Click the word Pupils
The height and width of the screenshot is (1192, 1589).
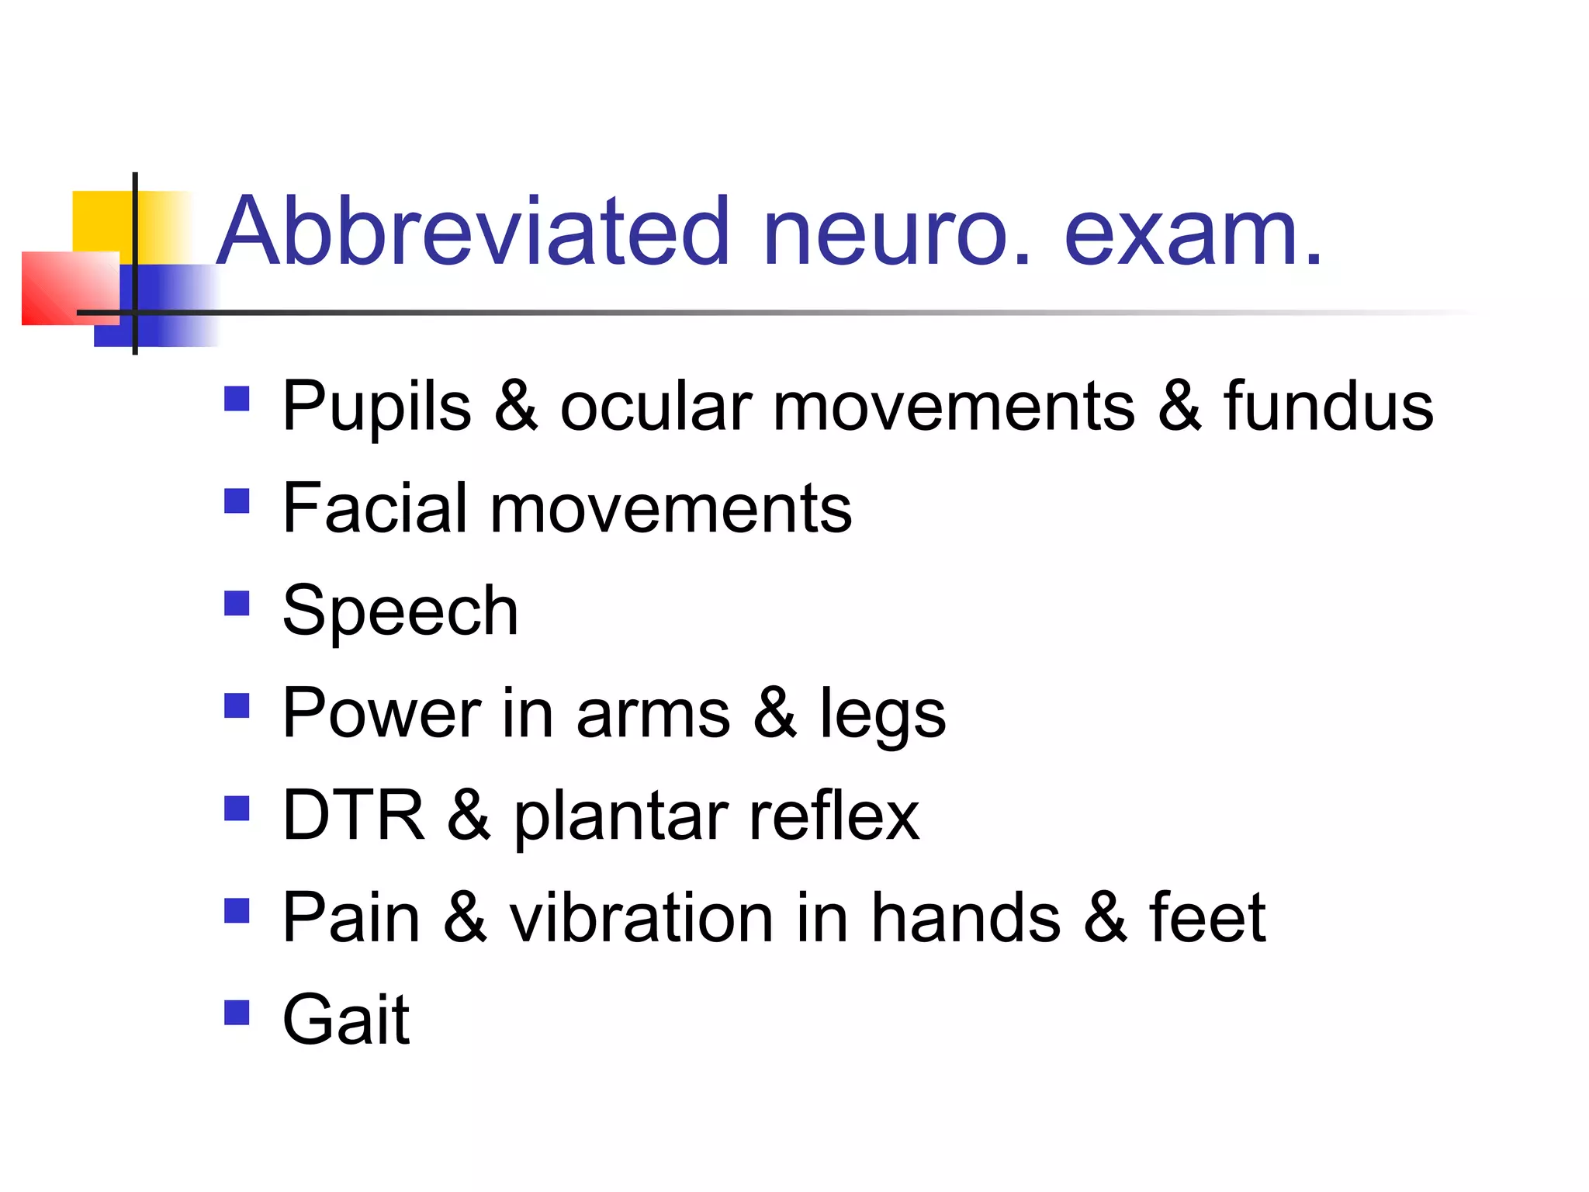click(x=377, y=407)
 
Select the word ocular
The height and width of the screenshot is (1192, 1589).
click(x=656, y=407)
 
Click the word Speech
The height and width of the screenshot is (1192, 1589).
click(x=400, y=612)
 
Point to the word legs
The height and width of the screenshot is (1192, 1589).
click(x=883, y=715)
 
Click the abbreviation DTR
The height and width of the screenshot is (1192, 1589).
click(x=354, y=816)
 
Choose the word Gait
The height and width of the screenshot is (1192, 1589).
click(x=346, y=1020)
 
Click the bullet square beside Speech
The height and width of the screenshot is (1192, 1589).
click(x=237, y=603)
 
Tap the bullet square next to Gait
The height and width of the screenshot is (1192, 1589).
click(x=237, y=1012)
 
